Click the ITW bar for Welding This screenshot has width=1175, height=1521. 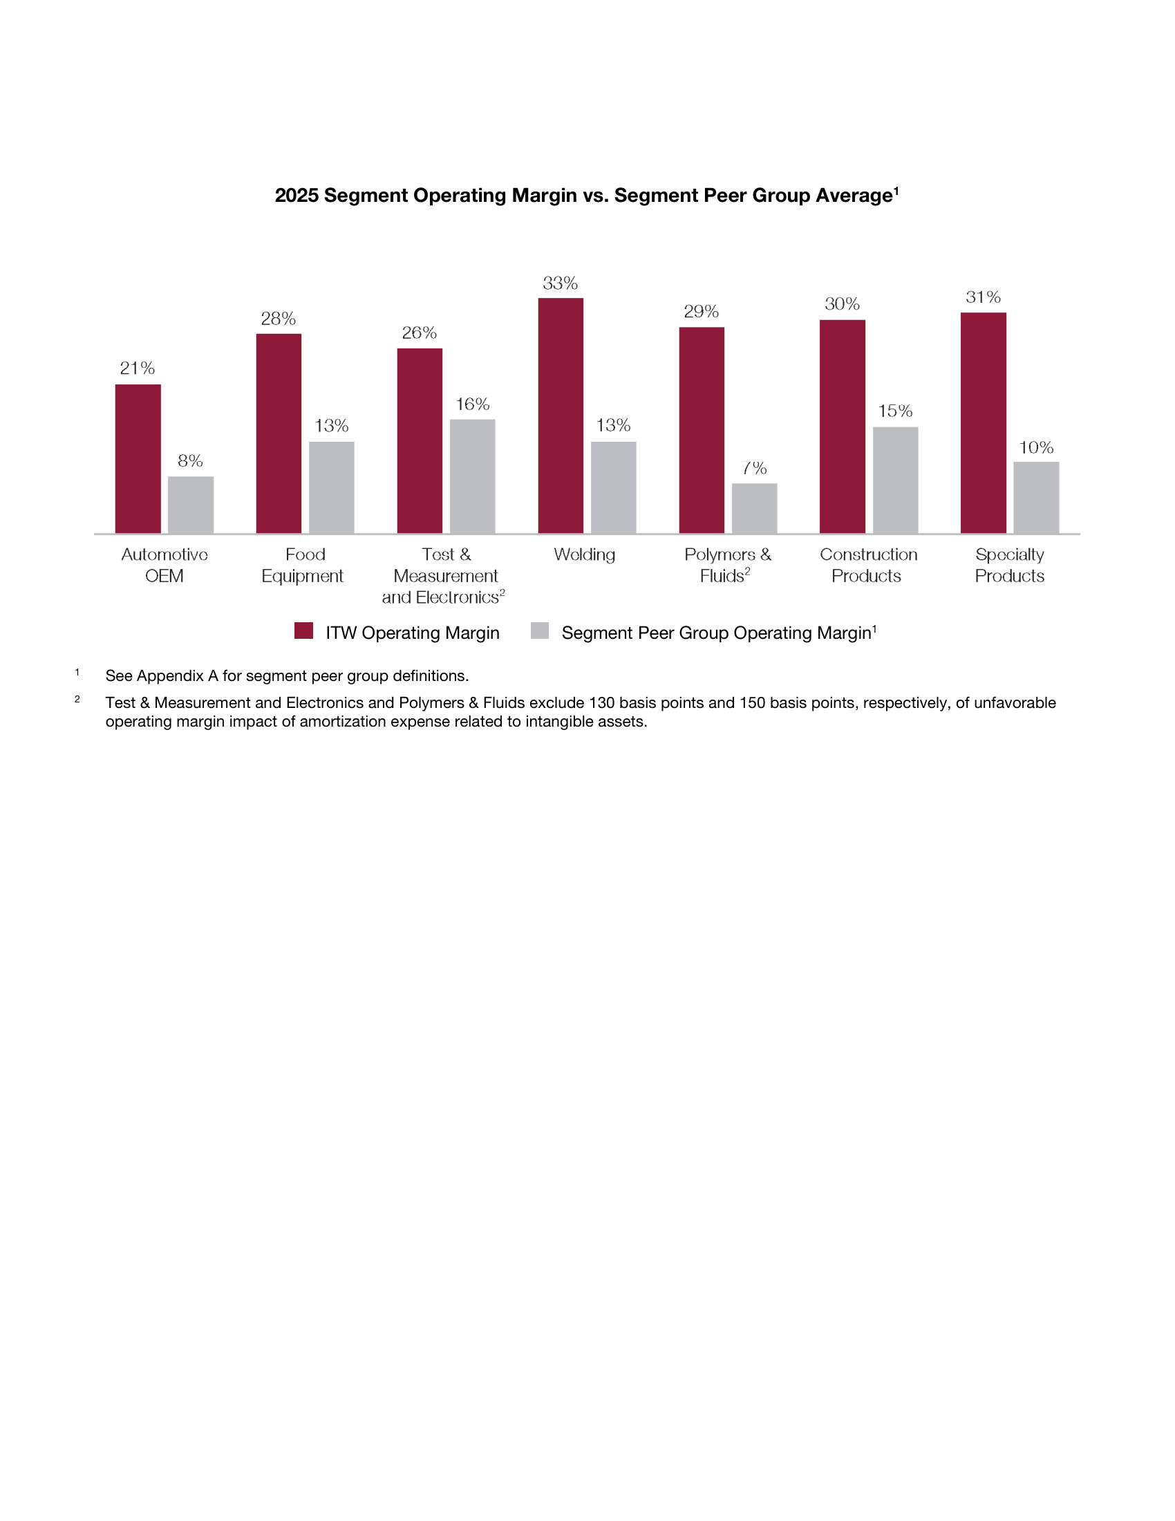pos(561,416)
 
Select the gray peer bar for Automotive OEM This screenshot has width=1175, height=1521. pos(191,505)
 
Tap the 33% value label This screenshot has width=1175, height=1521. pos(561,283)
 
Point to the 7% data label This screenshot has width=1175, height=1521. pos(755,468)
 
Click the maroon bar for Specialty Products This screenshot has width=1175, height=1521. pos(983,422)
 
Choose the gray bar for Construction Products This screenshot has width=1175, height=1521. pos(895,480)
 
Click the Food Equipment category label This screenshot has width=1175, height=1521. pos(303,565)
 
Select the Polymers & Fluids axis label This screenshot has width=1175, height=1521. pos(727,565)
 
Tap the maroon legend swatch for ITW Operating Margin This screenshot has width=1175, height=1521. pos(303,631)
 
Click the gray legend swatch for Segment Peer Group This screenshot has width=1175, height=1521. pos(540,631)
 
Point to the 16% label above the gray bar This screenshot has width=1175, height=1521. pos(473,404)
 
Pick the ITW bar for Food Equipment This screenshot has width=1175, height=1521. pos(279,433)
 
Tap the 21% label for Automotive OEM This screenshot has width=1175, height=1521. pos(137,368)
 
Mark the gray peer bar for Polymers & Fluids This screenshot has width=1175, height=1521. pos(755,508)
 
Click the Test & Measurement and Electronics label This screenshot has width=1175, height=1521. pos(444,576)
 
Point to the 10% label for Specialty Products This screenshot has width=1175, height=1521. pos(1037,448)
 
